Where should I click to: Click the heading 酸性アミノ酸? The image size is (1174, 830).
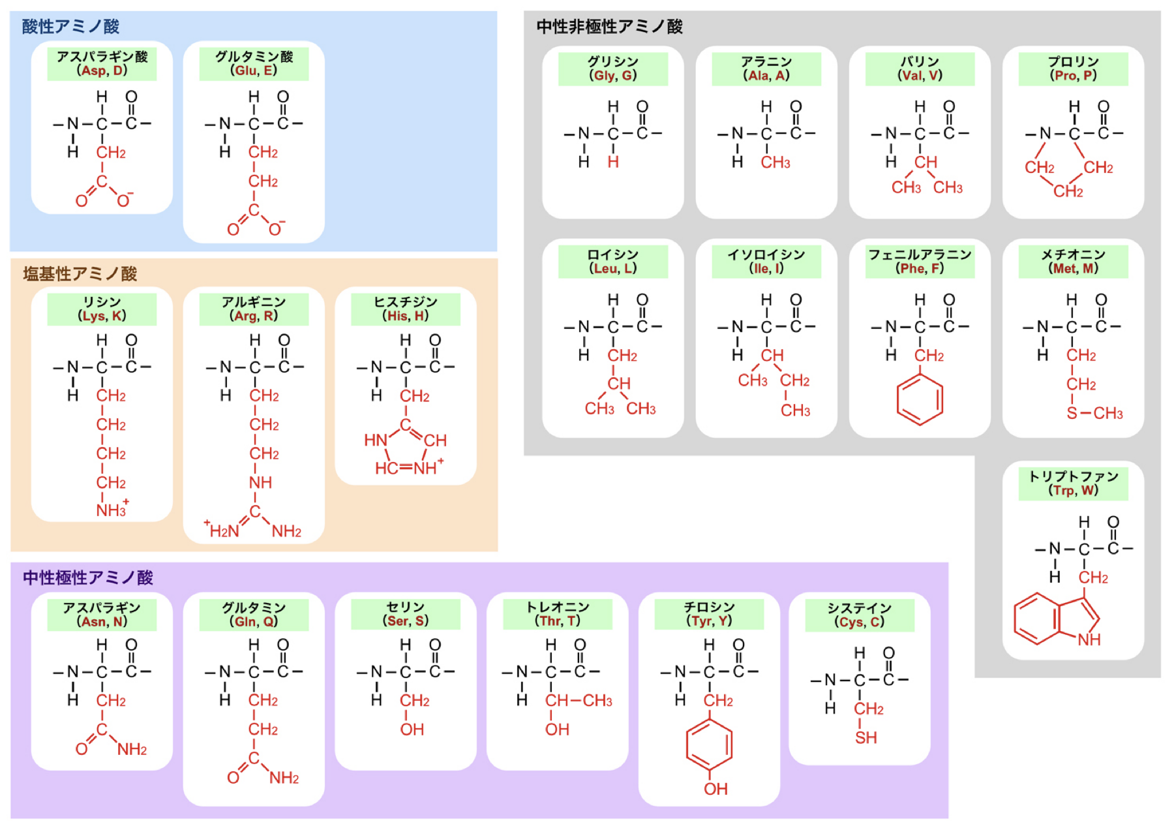tap(70, 27)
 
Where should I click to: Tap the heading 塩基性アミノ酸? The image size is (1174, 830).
tap(80, 274)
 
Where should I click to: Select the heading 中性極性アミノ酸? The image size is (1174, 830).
tap(88, 577)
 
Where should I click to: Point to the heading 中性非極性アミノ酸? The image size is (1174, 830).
tap(609, 27)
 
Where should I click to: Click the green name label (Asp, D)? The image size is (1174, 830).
tap(102, 64)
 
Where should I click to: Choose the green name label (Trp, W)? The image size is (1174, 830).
tap(1073, 484)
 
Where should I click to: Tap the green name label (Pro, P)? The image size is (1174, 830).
tap(1073, 69)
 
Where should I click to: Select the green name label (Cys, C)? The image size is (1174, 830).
tap(860, 615)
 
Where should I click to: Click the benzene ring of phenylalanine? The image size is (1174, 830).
tap(920, 399)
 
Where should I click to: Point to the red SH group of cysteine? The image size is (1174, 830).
tap(866, 738)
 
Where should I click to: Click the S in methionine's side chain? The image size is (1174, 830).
tap(1072, 413)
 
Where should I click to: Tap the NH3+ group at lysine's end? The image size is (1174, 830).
tap(112, 510)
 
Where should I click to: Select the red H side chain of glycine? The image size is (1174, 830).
tap(613, 162)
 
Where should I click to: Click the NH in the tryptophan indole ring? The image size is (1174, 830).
tap(1089, 639)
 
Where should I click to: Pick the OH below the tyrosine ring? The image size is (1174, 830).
tap(715, 789)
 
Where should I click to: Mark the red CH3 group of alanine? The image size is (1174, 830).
tap(775, 162)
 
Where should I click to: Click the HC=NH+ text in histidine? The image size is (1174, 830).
tap(408, 467)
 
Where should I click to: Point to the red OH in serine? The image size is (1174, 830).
tap(412, 730)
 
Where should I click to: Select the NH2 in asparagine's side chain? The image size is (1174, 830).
tap(132, 749)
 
